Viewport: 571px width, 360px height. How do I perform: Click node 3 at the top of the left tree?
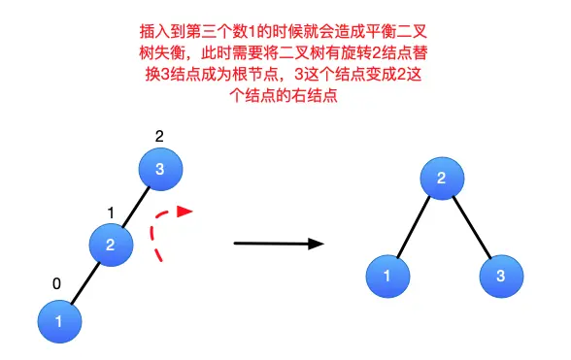(160, 169)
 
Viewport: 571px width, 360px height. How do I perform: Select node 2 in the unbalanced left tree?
(111, 245)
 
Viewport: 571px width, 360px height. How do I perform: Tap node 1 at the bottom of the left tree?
(60, 322)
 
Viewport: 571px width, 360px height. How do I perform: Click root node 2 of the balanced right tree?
(442, 179)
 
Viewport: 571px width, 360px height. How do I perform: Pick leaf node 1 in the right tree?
(387, 277)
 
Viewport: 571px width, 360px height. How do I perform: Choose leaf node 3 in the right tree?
(501, 277)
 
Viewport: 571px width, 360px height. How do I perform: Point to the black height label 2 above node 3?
(159, 137)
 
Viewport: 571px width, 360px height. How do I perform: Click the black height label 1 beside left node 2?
(111, 213)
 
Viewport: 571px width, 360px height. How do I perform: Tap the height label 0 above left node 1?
(56, 283)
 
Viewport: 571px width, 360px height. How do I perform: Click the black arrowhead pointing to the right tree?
(317, 244)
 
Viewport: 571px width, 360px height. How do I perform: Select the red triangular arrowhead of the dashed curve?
(185, 212)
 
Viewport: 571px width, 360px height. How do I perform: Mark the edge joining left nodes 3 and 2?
(136, 207)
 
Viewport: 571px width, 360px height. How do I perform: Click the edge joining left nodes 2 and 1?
(85, 283)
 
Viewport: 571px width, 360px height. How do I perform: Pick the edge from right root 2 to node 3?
(472, 227)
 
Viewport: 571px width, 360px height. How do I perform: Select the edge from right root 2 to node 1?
(414, 227)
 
